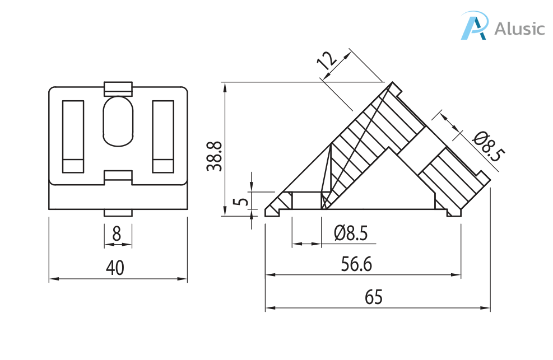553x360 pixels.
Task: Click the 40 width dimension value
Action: click(x=115, y=268)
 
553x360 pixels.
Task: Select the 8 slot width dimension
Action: click(x=117, y=233)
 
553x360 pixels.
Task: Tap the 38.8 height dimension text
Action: click(x=215, y=156)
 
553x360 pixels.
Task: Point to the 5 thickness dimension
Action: click(x=241, y=202)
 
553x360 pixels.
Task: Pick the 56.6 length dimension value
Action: click(x=356, y=264)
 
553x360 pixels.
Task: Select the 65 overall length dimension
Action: click(x=374, y=297)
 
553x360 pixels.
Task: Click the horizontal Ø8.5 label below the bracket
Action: click(x=351, y=233)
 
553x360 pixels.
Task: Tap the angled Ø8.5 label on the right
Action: click(x=488, y=146)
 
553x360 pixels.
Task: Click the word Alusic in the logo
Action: click(x=519, y=29)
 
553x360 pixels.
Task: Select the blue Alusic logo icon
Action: click(x=475, y=25)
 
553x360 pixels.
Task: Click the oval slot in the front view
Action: click(x=118, y=121)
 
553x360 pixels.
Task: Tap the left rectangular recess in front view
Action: click(x=73, y=137)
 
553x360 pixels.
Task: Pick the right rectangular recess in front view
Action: click(x=163, y=137)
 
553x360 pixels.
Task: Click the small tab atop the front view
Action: click(x=118, y=89)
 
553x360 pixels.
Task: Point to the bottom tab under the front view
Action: click(x=118, y=213)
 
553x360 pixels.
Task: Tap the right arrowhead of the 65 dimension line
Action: click(x=486, y=308)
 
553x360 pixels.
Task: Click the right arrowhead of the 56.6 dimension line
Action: click(x=456, y=275)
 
